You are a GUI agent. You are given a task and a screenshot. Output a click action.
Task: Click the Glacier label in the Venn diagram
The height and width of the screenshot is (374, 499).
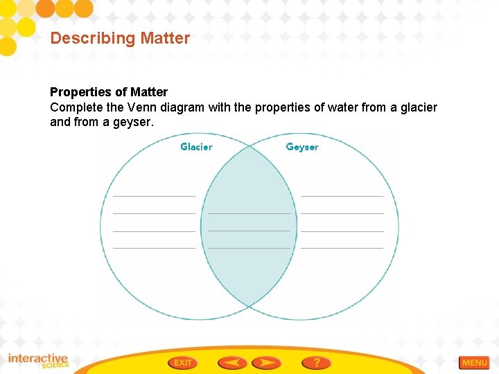196,147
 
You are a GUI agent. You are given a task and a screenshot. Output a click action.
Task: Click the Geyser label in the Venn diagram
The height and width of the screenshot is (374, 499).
302,147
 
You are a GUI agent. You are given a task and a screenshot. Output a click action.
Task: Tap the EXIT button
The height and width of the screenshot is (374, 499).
182,362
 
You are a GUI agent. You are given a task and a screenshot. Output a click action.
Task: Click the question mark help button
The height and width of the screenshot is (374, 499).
316,362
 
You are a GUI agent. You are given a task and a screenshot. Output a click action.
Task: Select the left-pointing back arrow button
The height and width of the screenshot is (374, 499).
232,362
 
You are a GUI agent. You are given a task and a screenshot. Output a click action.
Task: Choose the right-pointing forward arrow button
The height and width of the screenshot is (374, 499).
266,362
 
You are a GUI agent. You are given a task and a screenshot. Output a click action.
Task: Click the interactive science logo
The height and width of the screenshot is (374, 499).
38,361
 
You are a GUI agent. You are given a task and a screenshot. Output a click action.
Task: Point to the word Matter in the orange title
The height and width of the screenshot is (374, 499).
165,38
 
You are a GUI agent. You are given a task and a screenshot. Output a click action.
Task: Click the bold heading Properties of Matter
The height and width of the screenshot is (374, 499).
109,92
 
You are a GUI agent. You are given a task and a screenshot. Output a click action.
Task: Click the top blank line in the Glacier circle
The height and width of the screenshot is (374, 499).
154,196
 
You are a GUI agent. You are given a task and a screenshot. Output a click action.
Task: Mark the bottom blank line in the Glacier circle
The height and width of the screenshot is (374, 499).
154,247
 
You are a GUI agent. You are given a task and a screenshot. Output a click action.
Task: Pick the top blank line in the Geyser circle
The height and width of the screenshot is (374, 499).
342,196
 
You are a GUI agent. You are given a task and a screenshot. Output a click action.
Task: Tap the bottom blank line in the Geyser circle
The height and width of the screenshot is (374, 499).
342,247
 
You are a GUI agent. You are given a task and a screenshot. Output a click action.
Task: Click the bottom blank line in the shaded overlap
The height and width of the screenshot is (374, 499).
249,247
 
